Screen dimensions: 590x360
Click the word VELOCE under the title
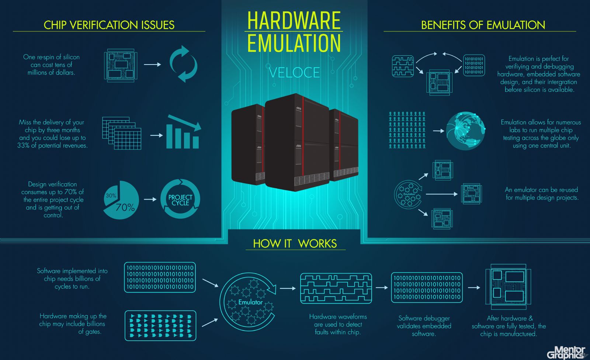point(294,72)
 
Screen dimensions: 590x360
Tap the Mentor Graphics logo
point(566,352)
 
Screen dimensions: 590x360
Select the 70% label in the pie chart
point(125,207)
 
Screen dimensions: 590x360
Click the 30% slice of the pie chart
point(111,194)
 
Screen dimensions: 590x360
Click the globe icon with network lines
point(465,131)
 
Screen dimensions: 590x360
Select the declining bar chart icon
point(184,132)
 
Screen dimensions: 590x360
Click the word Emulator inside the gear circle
point(250,302)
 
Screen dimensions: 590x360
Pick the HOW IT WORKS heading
point(295,243)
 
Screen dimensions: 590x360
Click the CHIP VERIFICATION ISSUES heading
point(109,25)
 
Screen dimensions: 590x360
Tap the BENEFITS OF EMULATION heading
point(483,25)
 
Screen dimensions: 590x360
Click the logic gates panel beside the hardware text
point(160,326)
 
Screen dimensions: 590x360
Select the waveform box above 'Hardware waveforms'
point(336,288)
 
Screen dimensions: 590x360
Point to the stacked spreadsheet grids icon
point(122,134)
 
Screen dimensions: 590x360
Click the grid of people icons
point(407,130)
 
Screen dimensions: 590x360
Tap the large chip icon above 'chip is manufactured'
point(509,287)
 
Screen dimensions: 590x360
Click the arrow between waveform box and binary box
point(382,288)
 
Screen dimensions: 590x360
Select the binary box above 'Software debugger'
point(427,288)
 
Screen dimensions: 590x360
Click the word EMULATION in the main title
point(294,43)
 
